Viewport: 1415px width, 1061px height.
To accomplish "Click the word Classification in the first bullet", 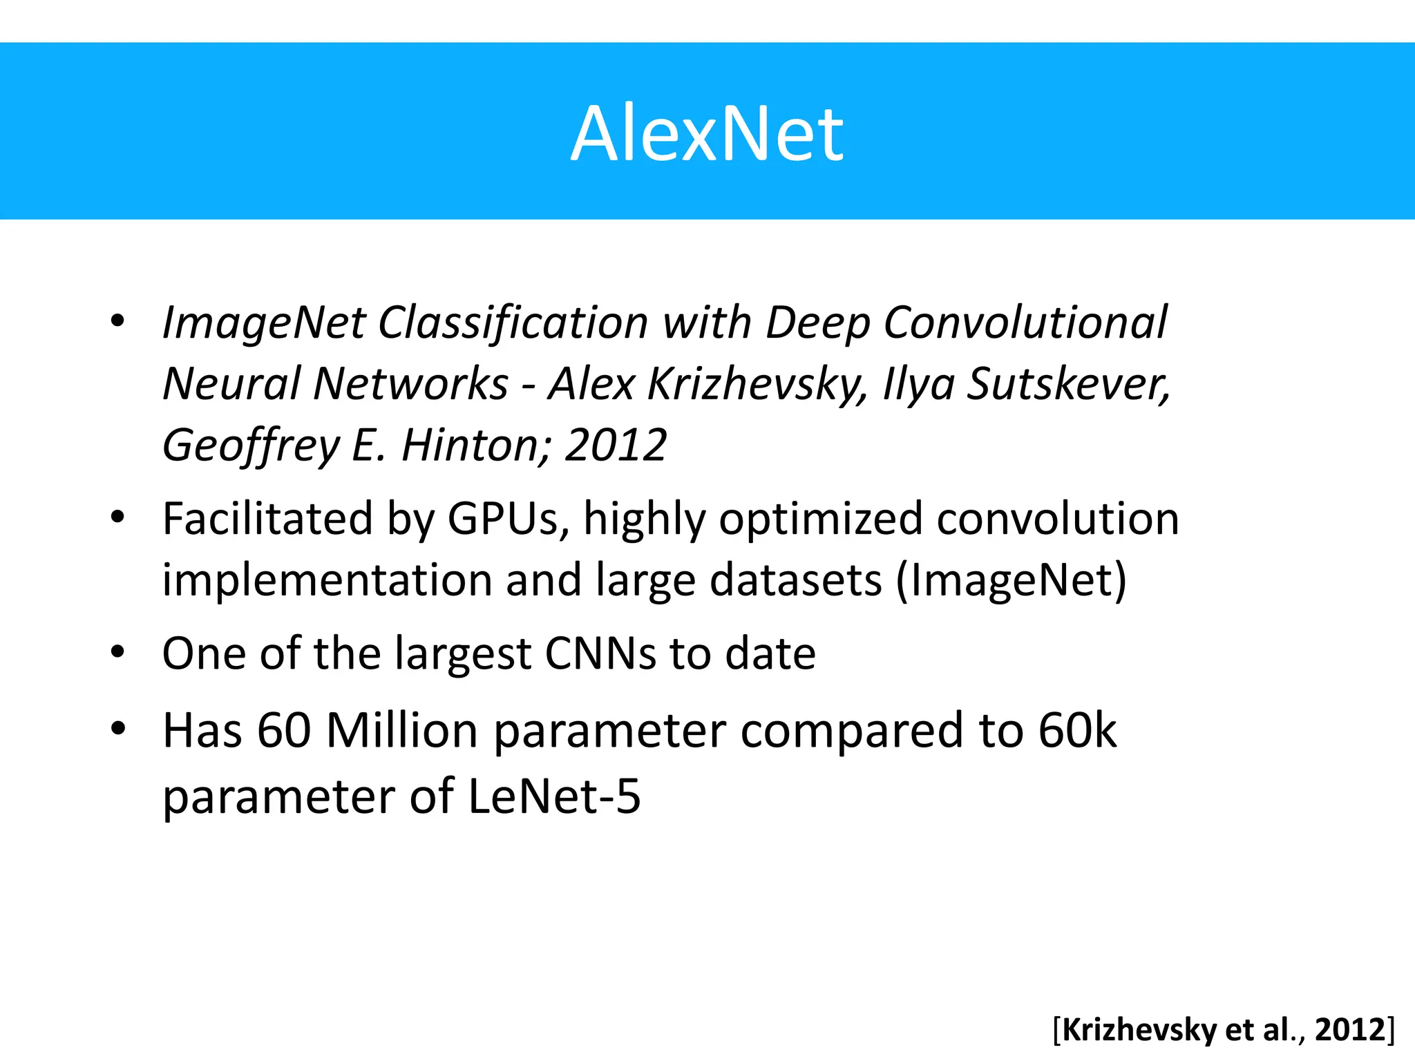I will (513, 323).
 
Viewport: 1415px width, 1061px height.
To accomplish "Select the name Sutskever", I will (1067, 383).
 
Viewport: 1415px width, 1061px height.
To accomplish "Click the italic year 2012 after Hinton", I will (616, 445).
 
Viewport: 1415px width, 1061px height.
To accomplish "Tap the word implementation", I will (326, 580).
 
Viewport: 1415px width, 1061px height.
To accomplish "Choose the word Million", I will (402, 731).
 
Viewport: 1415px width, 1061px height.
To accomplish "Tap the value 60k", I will (1077, 731).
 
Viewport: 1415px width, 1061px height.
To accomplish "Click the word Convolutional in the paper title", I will (1025, 323).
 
